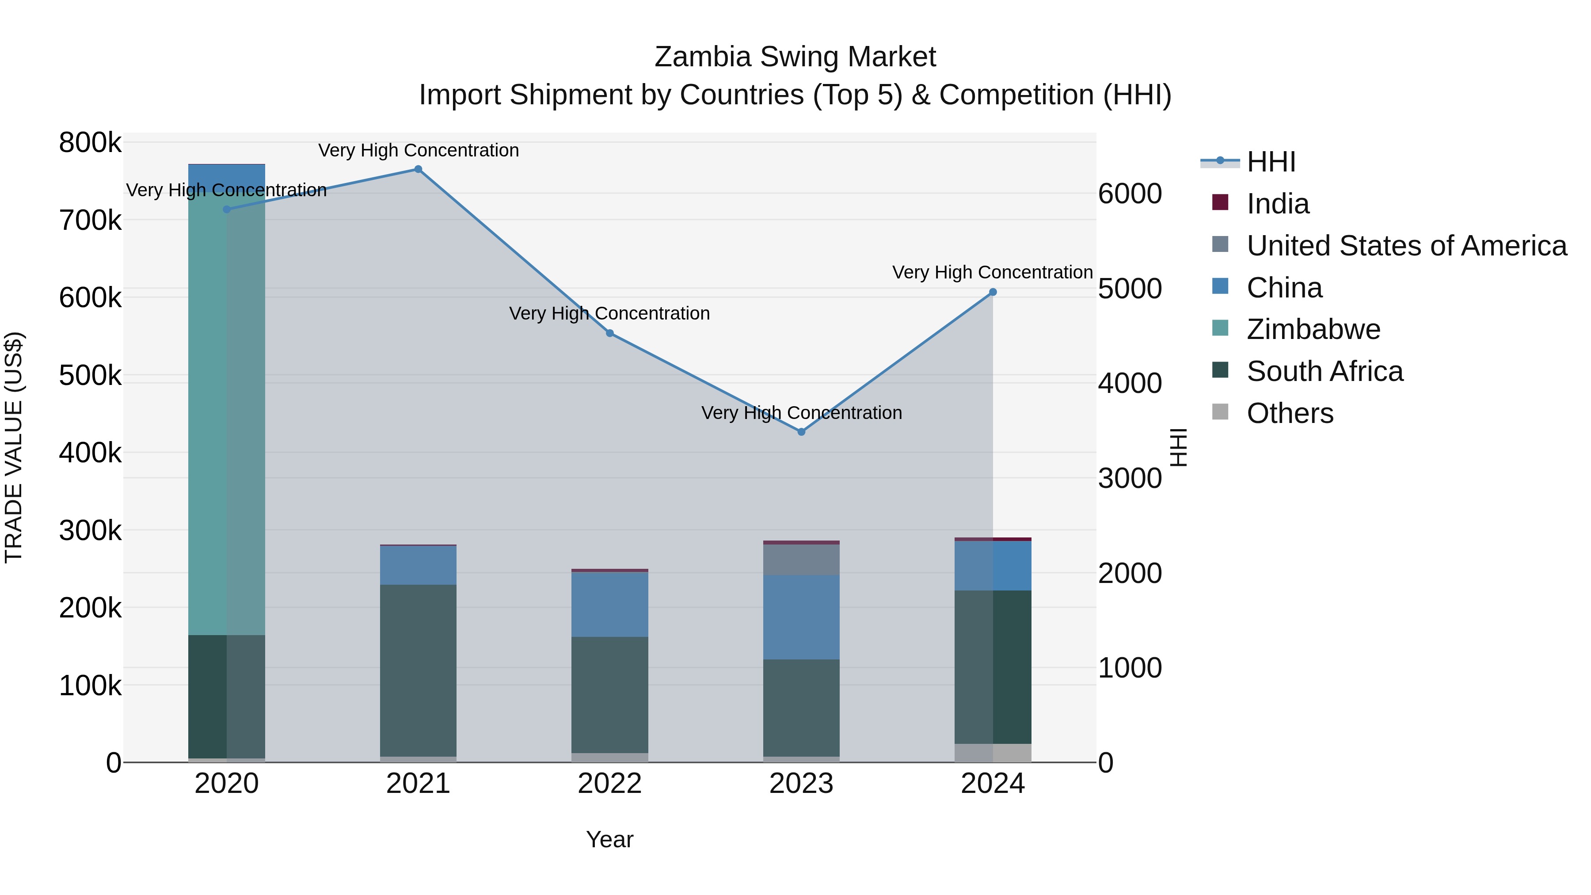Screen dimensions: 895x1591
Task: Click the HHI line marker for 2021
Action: [x=418, y=169]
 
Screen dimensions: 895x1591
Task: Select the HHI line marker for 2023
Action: [x=801, y=432]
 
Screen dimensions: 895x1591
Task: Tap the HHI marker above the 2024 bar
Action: [x=993, y=292]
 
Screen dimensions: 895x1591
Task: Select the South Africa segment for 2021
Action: [x=418, y=670]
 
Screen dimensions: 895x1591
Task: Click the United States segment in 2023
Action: [x=801, y=560]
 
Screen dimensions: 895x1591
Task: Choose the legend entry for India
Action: [x=1277, y=204]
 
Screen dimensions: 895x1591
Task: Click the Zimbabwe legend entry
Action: [x=1313, y=329]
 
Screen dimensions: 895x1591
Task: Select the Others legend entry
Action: [x=1290, y=413]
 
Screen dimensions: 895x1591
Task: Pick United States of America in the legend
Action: [x=1406, y=246]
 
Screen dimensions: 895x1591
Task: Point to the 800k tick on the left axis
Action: [x=90, y=143]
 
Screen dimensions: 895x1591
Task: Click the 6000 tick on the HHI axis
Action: [x=1130, y=194]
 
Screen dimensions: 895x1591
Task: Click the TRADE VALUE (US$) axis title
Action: [x=14, y=447]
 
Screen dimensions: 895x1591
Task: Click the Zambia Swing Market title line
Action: [x=795, y=57]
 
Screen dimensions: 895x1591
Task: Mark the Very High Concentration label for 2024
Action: [x=993, y=272]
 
